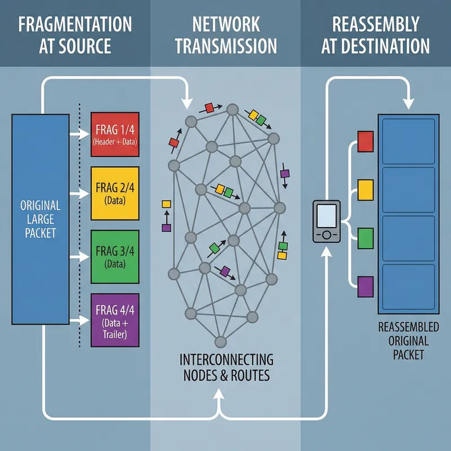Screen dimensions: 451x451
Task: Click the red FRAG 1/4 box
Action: click(115, 134)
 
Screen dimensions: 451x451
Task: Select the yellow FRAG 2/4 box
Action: click(115, 193)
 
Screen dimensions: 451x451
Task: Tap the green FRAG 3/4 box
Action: click(115, 256)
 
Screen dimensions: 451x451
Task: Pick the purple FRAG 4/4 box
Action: click(115, 320)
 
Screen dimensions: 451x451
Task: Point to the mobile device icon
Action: click(326, 222)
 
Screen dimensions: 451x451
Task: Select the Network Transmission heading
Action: click(225, 35)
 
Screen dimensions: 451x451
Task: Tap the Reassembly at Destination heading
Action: click(375, 35)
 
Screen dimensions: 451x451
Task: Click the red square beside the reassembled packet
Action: click(366, 142)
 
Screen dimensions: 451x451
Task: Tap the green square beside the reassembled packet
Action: click(366, 237)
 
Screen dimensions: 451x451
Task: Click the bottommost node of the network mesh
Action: click(220, 341)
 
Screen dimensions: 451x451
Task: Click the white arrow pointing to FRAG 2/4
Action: click(79, 193)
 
